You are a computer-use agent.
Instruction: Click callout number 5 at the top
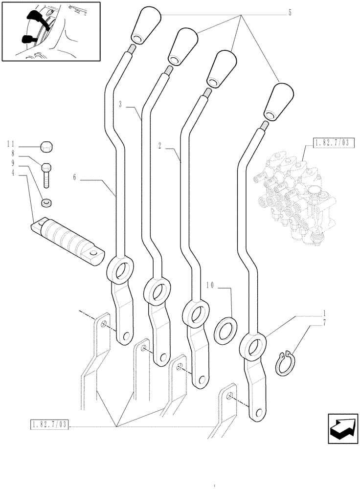coord(290,13)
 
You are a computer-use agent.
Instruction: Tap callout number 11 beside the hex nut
coord(12,144)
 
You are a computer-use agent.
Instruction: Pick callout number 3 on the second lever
coord(120,104)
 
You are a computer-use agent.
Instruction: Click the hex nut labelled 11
coord(46,146)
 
